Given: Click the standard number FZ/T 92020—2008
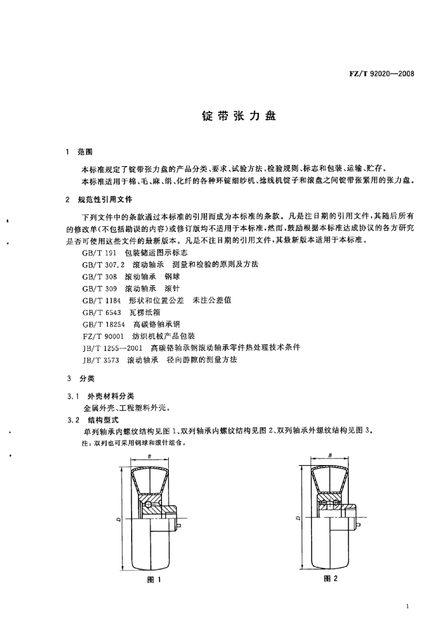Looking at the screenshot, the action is click(382, 74).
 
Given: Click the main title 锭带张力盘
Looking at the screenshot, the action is click(239, 116).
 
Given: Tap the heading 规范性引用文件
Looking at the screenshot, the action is click(105, 199).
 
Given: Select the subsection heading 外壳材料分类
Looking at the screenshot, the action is click(111, 396).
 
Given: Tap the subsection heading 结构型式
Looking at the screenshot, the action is click(103, 420).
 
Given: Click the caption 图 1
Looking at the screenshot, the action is click(154, 580).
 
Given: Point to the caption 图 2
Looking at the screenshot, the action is click(330, 579).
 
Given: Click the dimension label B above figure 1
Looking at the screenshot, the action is click(150, 456).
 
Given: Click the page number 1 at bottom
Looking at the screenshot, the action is click(407, 606).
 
